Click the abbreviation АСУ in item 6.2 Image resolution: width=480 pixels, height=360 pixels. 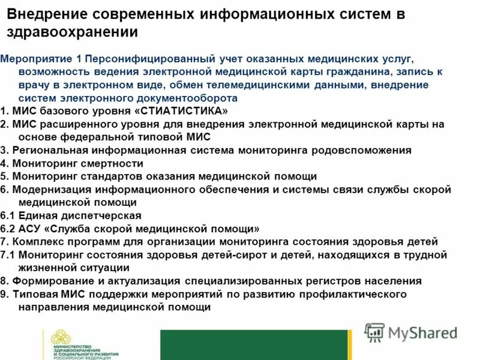pos(29,229)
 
